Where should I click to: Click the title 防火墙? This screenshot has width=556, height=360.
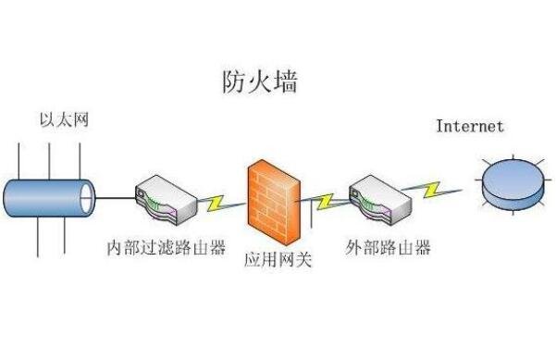tap(260, 82)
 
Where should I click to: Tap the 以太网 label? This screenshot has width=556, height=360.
tap(64, 121)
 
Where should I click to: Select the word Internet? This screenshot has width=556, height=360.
tap(470, 126)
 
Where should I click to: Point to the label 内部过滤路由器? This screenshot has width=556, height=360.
tap(167, 248)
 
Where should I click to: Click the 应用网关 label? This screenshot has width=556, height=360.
tap(278, 260)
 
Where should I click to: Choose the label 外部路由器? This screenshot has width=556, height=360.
tap(388, 248)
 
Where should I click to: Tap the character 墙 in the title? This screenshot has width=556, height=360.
tap(285, 82)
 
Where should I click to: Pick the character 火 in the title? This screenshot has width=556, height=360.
tap(260, 82)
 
